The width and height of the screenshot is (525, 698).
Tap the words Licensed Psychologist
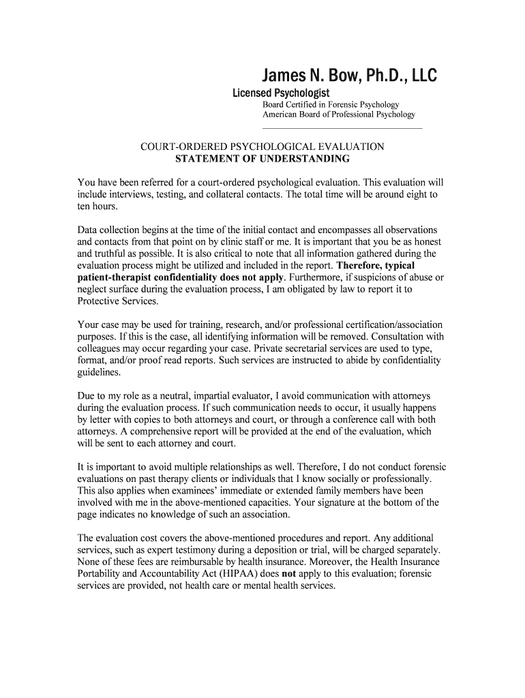(x=281, y=93)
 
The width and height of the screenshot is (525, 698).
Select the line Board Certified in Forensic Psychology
(x=331, y=104)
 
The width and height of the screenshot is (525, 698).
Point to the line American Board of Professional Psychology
(x=339, y=115)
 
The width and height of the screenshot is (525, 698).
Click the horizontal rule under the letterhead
(x=342, y=128)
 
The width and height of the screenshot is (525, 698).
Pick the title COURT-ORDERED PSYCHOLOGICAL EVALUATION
(x=262, y=147)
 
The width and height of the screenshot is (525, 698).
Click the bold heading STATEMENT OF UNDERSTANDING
(x=262, y=159)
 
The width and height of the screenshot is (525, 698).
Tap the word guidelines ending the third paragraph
(x=100, y=372)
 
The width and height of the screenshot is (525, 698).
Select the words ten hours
(x=98, y=206)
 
